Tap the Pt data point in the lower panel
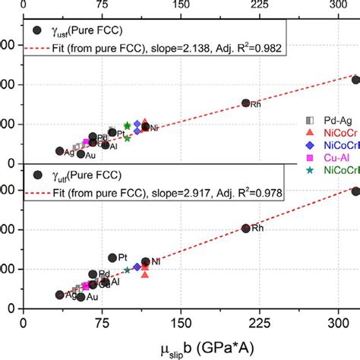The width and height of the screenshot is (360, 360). pos(112,258)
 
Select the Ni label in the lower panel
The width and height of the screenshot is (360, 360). pos(155,262)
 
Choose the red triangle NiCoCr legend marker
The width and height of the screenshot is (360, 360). pos(308,132)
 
